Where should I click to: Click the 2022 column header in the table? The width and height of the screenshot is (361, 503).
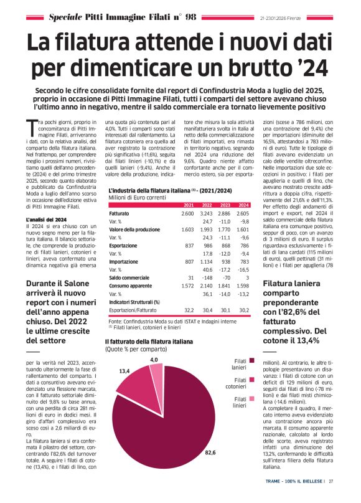coord(207,170)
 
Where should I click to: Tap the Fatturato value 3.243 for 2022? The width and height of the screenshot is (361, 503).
coord(206,179)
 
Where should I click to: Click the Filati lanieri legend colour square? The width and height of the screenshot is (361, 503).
coord(252,360)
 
